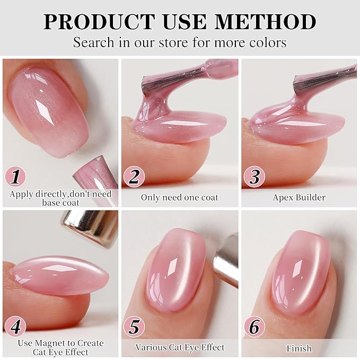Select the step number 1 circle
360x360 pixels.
click(x=15, y=176)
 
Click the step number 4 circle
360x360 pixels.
click(x=15, y=327)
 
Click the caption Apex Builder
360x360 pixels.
click(x=299, y=197)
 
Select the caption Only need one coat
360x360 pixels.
click(x=179, y=197)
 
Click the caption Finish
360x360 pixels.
click(x=299, y=348)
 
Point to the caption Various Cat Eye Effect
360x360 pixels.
click(x=179, y=348)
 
